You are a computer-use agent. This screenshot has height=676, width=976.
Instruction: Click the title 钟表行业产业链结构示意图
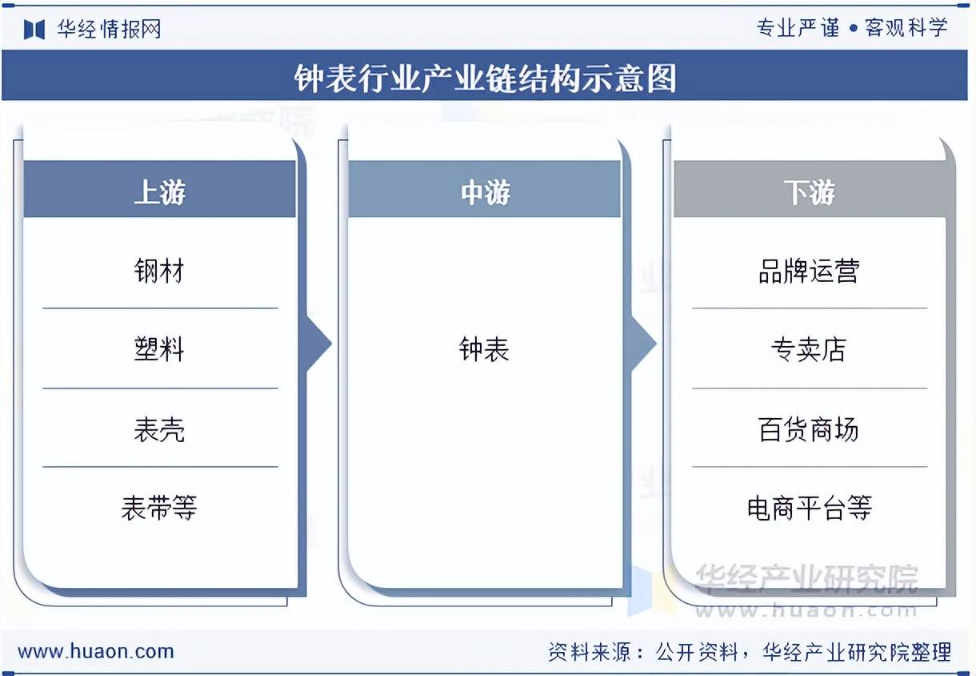coord(486,78)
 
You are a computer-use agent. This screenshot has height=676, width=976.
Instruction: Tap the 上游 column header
coord(159,192)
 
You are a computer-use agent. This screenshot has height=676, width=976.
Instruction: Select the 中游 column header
coord(485,192)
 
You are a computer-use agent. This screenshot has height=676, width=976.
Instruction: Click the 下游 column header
coord(809,192)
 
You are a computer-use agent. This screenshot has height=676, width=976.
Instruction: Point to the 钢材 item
coord(159,271)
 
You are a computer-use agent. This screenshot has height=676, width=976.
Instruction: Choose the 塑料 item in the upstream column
coord(159,349)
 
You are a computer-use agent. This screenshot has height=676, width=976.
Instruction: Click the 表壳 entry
coord(159,430)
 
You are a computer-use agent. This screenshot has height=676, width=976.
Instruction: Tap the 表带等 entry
coord(159,507)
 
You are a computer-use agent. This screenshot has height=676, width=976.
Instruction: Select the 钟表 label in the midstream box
coord(484,349)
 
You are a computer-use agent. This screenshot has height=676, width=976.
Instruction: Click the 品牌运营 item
coord(809,271)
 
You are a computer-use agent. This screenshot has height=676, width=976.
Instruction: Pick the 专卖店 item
coord(809,349)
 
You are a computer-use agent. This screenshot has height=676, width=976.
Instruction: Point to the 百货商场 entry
coord(809,430)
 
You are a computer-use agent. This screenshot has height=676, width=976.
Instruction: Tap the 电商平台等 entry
coord(809,507)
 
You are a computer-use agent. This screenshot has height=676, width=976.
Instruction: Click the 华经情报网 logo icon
coord(34,30)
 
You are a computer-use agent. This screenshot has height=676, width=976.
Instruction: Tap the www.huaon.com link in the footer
coord(96,651)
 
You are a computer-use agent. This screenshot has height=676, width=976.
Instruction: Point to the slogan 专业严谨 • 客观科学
coord(852,28)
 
